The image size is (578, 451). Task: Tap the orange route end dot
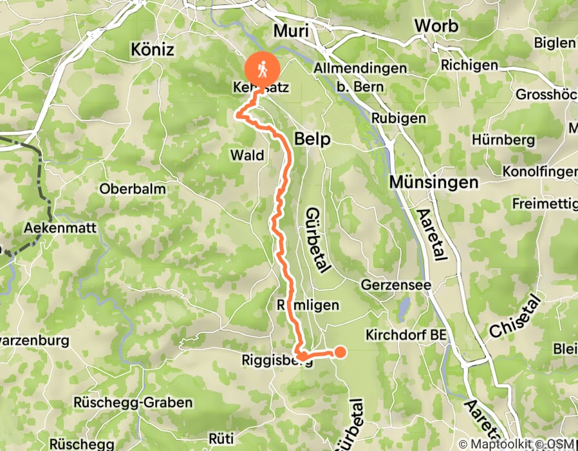pyautogui.click(x=339, y=351)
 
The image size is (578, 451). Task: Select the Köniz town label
pyautogui.click(x=152, y=49)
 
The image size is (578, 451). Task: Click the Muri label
pyautogui.click(x=292, y=32)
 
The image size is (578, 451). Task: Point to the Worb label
pyautogui.click(x=436, y=26)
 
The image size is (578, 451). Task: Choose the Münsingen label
pyautogui.click(x=434, y=182)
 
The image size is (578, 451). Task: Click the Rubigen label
pyautogui.click(x=398, y=119)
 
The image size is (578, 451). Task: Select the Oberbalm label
pyautogui.click(x=133, y=189)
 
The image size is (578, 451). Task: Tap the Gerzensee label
pyautogui.click(x=392, y=284)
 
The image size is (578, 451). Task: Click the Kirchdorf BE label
pyautogui.click(x=406, y=335)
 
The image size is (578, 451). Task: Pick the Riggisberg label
pyautogui.click(x=277, y=360)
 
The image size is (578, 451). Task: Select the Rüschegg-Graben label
pyautogui.click(x=134, y=403)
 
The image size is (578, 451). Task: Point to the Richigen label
pyautogui.click(x=469, y=66)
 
